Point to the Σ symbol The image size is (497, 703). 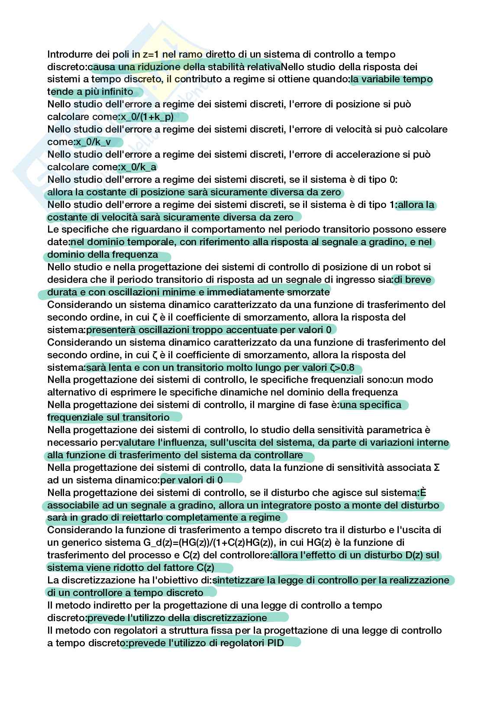(x=437, y=468)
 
